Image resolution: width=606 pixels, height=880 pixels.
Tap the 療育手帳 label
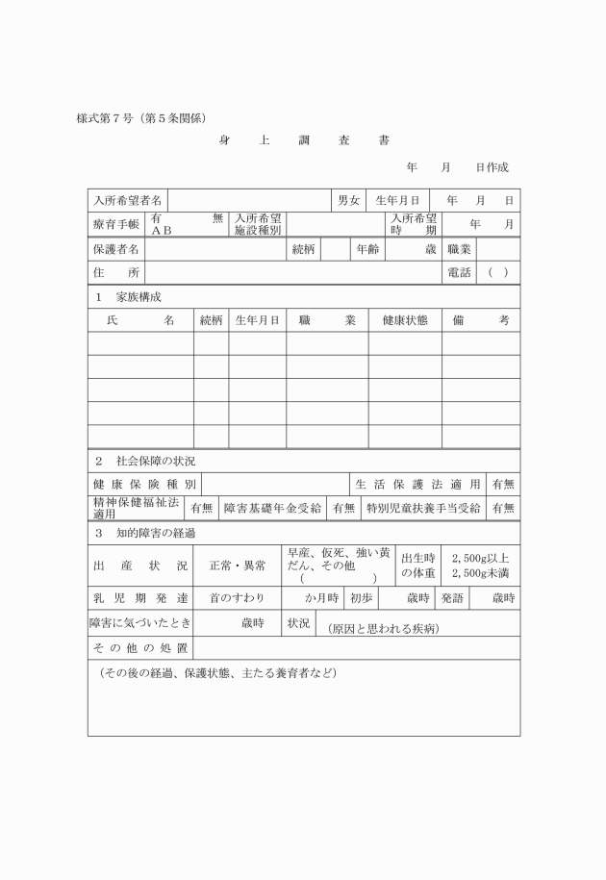116,225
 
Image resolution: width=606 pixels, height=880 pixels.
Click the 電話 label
459,273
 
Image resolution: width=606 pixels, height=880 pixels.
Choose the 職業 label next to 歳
459,249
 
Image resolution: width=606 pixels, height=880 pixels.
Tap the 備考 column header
481,320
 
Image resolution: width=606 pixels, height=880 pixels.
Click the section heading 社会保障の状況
156,461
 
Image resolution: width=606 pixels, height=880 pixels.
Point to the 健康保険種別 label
144,484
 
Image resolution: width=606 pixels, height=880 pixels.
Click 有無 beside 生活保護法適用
503,484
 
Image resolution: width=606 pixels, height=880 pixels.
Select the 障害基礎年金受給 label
274,508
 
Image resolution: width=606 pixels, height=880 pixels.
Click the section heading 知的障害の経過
156,532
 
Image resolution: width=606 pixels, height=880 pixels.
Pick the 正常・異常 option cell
238,566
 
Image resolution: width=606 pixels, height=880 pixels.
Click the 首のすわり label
238,598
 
